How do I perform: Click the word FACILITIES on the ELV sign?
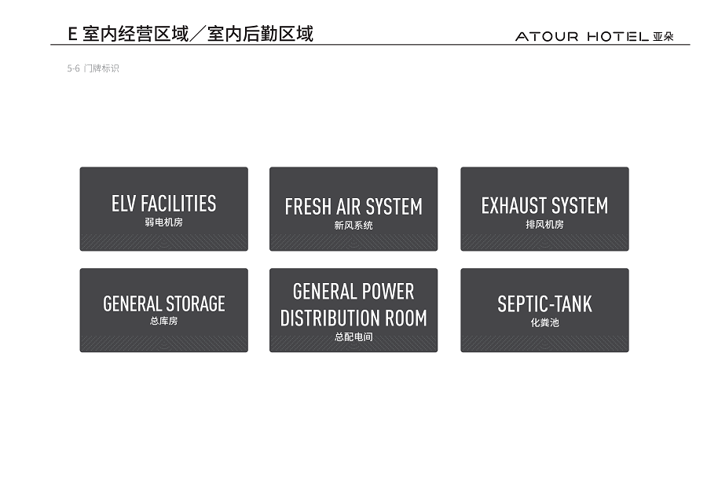(178, 204)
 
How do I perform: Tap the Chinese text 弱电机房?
(163, 222)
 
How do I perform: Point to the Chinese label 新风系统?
(353, 225)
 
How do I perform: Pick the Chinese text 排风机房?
(544, 224)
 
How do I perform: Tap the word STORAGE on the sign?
(196, 303)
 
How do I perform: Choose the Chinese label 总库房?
(163, 321)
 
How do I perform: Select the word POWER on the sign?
(388, 292)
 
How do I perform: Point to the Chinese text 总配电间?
(353, 336)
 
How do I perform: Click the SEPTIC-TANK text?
(544, 304)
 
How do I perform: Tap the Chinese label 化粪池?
(544, 322)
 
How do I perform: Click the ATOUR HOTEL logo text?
(582, 36)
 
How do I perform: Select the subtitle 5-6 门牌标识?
(93, 68)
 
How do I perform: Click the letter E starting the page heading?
(72, 35)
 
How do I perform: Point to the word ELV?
(123, 204)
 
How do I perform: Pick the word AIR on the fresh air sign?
(348, 207)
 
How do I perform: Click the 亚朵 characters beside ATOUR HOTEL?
(663, 36)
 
